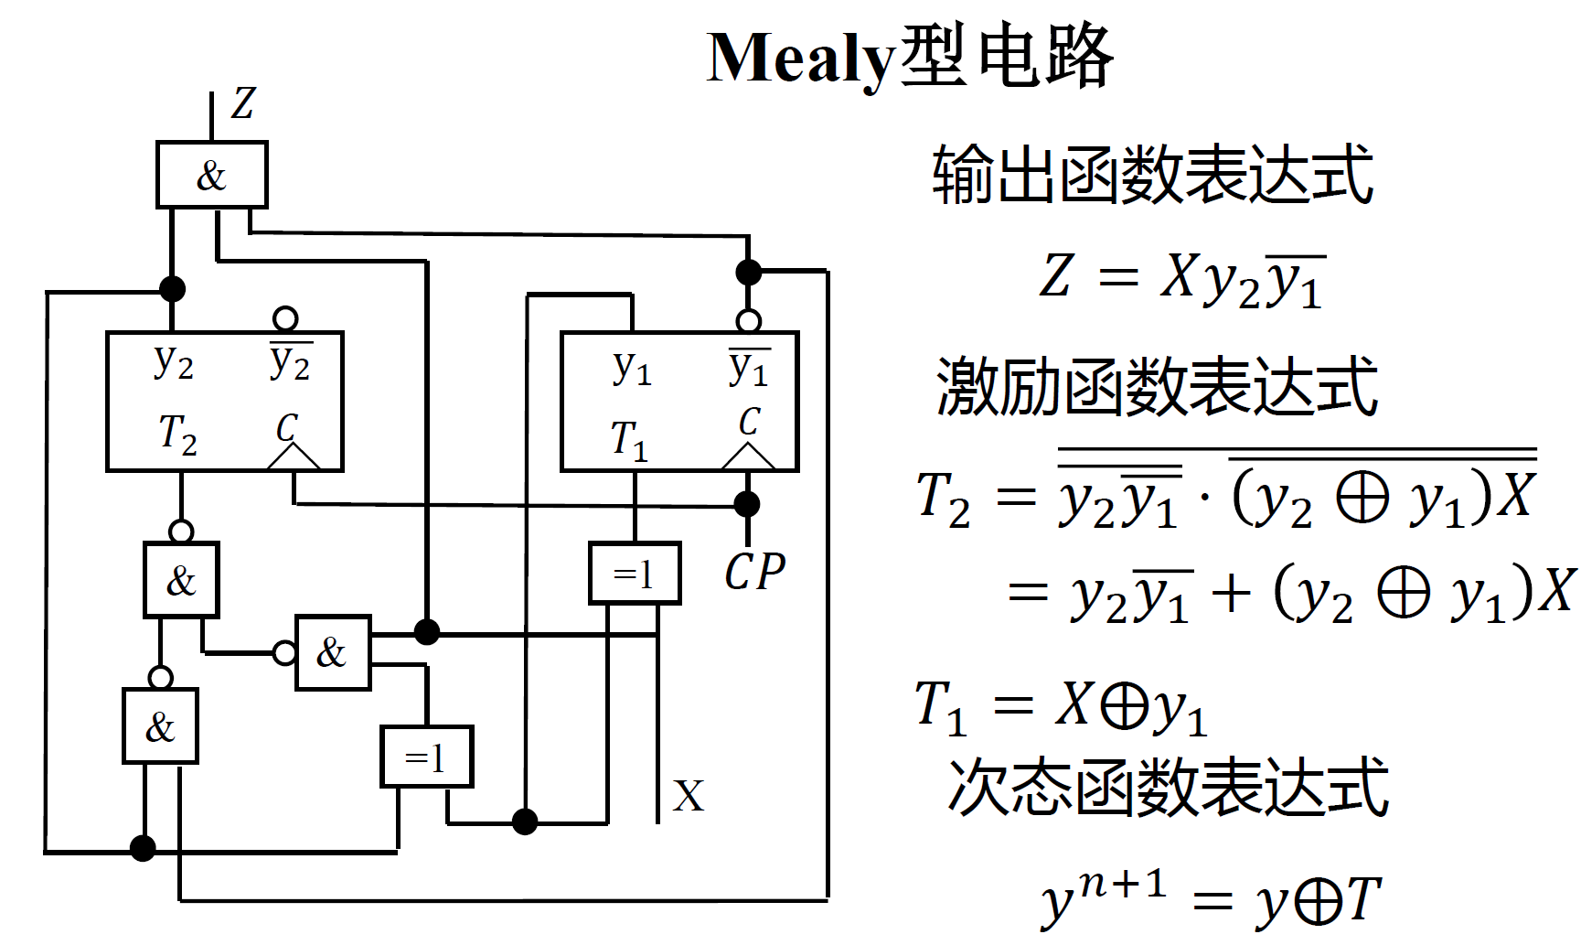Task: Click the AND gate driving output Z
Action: pyautogui.click(x=211, y=175)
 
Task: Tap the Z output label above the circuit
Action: pyautogui.click(x=242, y=103)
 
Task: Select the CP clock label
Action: pyautogui.click(x=754, y=573)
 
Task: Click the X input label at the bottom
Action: pyautogui.click(x=689, y=796)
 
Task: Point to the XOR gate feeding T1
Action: pyautogui.click(x=635, y=575)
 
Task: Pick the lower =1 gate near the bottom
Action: pyautogui.click(x=426, y=757)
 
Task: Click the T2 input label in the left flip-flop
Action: pyautogui.click(x=177, y=433)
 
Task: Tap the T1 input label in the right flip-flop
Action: pyautogui.click(x=629, y=439)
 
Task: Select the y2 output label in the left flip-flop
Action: pyautogui.click(x=173, y=362)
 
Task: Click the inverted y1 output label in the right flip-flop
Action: pyautogui.click(x=749, y=367)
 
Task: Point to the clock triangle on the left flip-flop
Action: pyautogui.click(x=294, y=456)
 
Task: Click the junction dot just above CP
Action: pyautogui.click(x=748, y=503)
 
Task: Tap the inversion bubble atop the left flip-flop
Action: pyautogui.click(x=285, y=318)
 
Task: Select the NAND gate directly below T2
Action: pyautogui.click(x=181, y=579)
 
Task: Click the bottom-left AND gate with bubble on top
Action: pyautogui.click(x=160, y=726)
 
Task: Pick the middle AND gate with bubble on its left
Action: pyautogui.click(x=333, y=652)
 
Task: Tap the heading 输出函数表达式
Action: pyautogui.click(x=1152, y=174)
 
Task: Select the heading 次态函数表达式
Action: pyautogui.click(x=1168, y=787)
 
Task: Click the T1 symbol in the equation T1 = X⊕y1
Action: pyautogui.click(x=941, y=708)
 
